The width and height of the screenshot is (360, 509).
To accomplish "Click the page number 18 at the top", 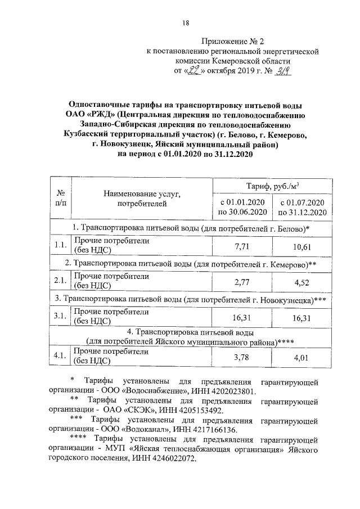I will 185,22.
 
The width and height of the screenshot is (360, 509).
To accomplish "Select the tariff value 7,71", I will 241,246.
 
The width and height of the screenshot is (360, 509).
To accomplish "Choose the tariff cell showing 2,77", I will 241,281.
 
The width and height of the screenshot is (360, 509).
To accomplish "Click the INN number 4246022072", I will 182,459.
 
